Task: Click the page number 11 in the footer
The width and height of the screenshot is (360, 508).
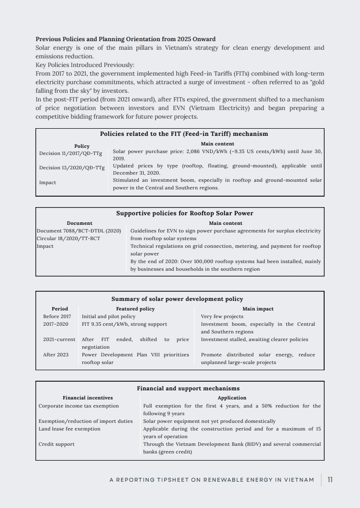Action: tap(330, 480)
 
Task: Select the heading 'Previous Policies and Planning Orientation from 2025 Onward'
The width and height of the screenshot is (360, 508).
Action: tap(125, 39)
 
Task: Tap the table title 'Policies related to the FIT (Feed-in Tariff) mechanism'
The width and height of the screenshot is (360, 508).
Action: tap(184, 134)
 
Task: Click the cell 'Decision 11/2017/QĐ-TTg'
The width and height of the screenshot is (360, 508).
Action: tap(70, 154)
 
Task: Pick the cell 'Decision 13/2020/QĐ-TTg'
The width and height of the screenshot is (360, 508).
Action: tap(72, 168)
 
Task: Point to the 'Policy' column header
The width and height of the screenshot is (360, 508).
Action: tap(82, 146)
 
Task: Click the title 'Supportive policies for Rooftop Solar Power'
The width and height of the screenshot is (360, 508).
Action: tap(185, 213)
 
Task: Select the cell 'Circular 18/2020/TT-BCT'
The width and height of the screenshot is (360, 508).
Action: tap(68, 238)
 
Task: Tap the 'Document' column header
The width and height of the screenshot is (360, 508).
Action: tap(79, 223)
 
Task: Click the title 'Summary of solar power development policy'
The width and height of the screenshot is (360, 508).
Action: tap(177, 299)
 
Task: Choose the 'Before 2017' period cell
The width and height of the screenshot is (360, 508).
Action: tap(57, 316)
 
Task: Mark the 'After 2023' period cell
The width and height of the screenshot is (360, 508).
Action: tap(56, 354)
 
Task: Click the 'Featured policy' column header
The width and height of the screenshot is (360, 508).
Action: tap(135, 309)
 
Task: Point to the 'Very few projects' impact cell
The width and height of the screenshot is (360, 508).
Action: tap(222, 316)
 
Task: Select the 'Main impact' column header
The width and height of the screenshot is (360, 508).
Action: tap(258, 309)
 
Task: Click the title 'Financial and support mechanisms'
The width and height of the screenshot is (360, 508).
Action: tap(188, 388)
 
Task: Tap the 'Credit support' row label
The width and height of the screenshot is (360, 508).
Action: tap(56, 444)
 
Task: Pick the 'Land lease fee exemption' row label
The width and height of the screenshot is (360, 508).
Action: tap(69, 429)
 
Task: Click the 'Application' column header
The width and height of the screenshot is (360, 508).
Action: tap(232, 398)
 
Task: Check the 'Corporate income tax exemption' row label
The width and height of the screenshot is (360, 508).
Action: tap(79, 406)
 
